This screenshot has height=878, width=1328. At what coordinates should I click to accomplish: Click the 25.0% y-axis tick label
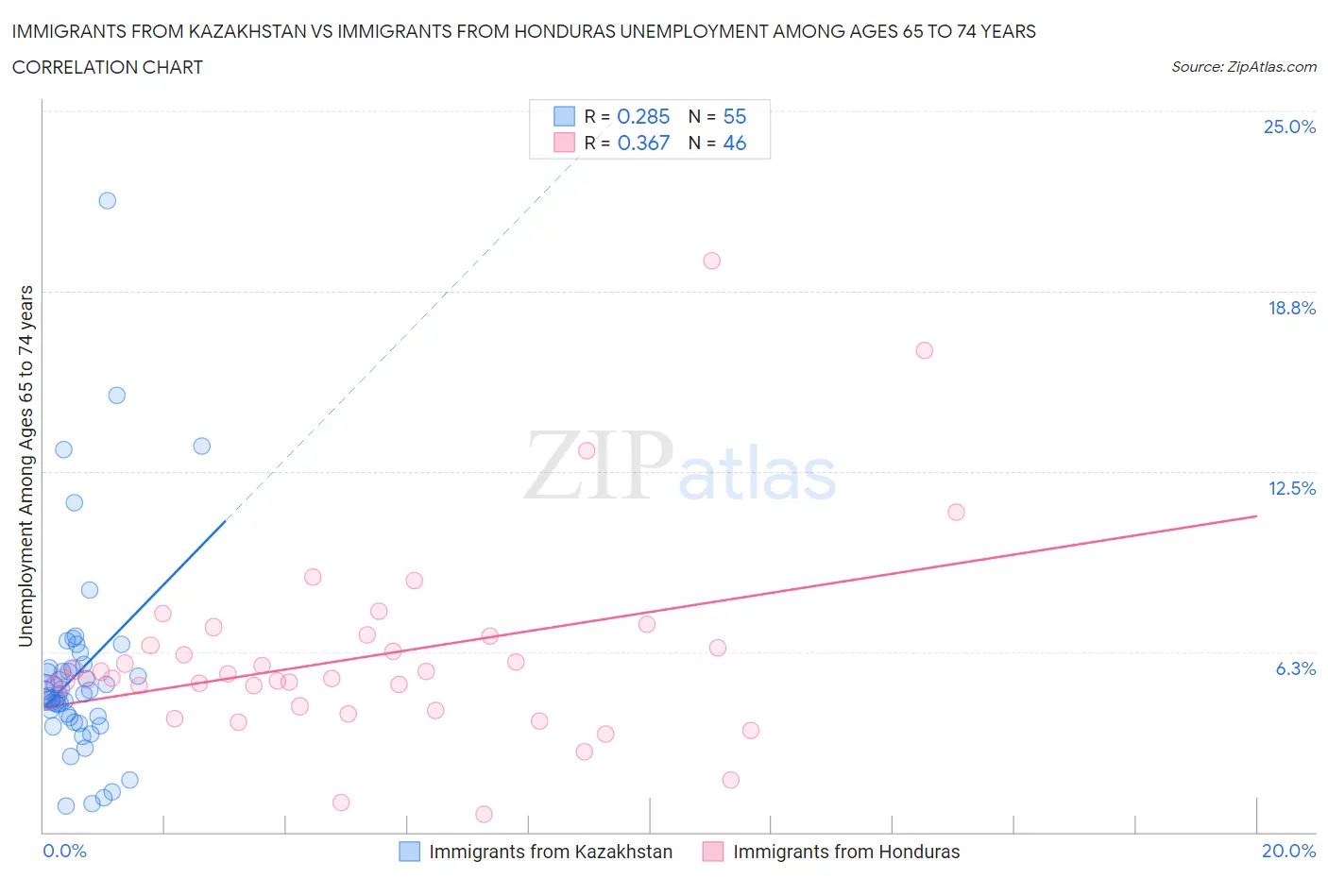1289,127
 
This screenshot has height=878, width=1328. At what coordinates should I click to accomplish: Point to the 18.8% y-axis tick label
1291,308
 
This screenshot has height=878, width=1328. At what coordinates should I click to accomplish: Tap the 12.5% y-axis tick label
1291,488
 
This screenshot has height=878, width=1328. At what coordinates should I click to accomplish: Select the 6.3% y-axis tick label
1295,668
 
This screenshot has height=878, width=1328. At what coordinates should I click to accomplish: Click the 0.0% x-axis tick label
64,851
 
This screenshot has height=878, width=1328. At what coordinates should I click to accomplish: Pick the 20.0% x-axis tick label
1288,851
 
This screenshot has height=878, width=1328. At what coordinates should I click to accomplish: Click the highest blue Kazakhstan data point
108,200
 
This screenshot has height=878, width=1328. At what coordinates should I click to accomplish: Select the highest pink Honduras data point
712,261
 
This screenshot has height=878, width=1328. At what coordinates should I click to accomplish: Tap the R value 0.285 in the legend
643,116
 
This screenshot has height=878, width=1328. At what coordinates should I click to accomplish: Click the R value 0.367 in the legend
643,143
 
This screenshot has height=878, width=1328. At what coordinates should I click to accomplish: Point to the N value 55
735,116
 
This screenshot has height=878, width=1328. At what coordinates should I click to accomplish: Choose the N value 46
735,143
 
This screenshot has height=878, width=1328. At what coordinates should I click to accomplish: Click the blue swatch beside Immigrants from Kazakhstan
409,852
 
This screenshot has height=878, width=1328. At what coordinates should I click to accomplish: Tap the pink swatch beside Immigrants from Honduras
713,852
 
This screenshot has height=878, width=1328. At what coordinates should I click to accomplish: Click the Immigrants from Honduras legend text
846,852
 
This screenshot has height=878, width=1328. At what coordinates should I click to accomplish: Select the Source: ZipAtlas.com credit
1243,66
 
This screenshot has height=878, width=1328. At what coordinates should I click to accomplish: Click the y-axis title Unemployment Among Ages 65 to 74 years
26,466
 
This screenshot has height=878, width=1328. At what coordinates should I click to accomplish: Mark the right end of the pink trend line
1256,515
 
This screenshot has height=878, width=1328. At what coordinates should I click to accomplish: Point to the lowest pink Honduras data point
484,814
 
